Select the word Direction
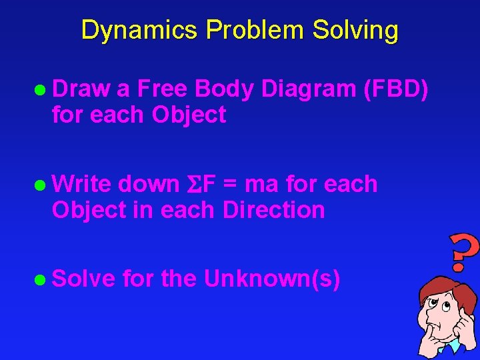(273, 210)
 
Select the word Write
(83, 184)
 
